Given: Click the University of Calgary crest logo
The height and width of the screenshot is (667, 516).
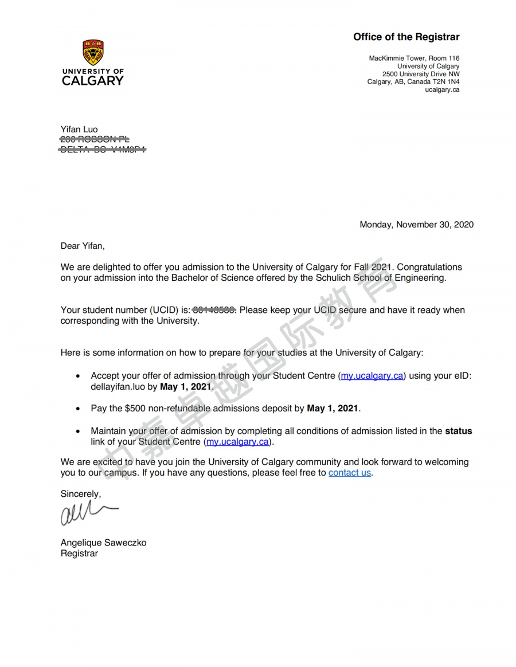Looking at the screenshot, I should (93, 52).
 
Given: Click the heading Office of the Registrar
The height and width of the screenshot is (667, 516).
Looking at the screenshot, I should (406, 37).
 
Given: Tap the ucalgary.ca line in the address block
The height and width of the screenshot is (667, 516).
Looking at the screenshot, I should (442, 90).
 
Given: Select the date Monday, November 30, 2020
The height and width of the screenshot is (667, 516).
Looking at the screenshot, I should (416, 225).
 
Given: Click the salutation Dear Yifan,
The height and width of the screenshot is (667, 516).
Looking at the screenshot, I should (83, 246).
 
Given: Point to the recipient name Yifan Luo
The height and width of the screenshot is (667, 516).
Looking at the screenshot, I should (79, 130).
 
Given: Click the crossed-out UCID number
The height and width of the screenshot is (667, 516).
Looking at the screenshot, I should (214, 310).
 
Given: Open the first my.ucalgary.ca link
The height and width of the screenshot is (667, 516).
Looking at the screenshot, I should (372, 376).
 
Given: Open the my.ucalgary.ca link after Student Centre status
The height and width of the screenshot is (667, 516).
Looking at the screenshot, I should (237, 442).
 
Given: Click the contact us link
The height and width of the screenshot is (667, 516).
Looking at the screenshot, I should (350, 473).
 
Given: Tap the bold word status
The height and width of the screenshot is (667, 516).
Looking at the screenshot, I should (459, 431).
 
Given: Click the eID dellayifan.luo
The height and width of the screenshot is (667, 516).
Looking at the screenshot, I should (117, 387).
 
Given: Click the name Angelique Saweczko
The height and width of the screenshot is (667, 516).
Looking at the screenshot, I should (103, 543).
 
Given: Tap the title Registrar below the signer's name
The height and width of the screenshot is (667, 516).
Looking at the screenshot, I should (79, 554).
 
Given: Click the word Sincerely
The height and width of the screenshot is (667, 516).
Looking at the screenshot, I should (80, 494).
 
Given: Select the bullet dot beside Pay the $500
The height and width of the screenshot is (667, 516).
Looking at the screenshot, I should (78, 409).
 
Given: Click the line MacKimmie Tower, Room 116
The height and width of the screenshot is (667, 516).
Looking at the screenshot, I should (414, 58).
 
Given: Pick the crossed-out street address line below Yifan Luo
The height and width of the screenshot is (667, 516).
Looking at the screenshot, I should (95, 139).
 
